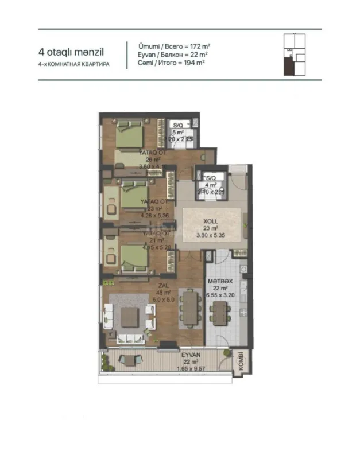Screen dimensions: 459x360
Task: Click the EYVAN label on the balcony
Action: (191, 355)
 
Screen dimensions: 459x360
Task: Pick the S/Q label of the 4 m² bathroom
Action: (211, 178)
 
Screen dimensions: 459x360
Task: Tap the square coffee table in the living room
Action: (129, 316)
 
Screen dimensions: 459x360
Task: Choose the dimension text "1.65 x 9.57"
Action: (190, 369)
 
